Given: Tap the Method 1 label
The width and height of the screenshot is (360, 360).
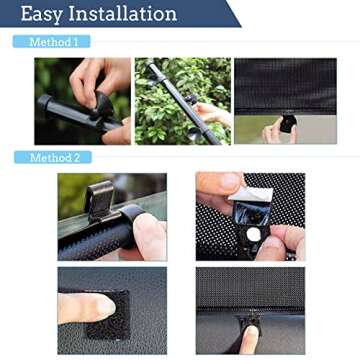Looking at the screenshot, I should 52,42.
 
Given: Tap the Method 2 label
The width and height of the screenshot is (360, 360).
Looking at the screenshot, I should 52,158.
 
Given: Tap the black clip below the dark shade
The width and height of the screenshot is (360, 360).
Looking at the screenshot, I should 288,123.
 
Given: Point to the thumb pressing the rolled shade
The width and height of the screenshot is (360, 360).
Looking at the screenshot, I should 148,235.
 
